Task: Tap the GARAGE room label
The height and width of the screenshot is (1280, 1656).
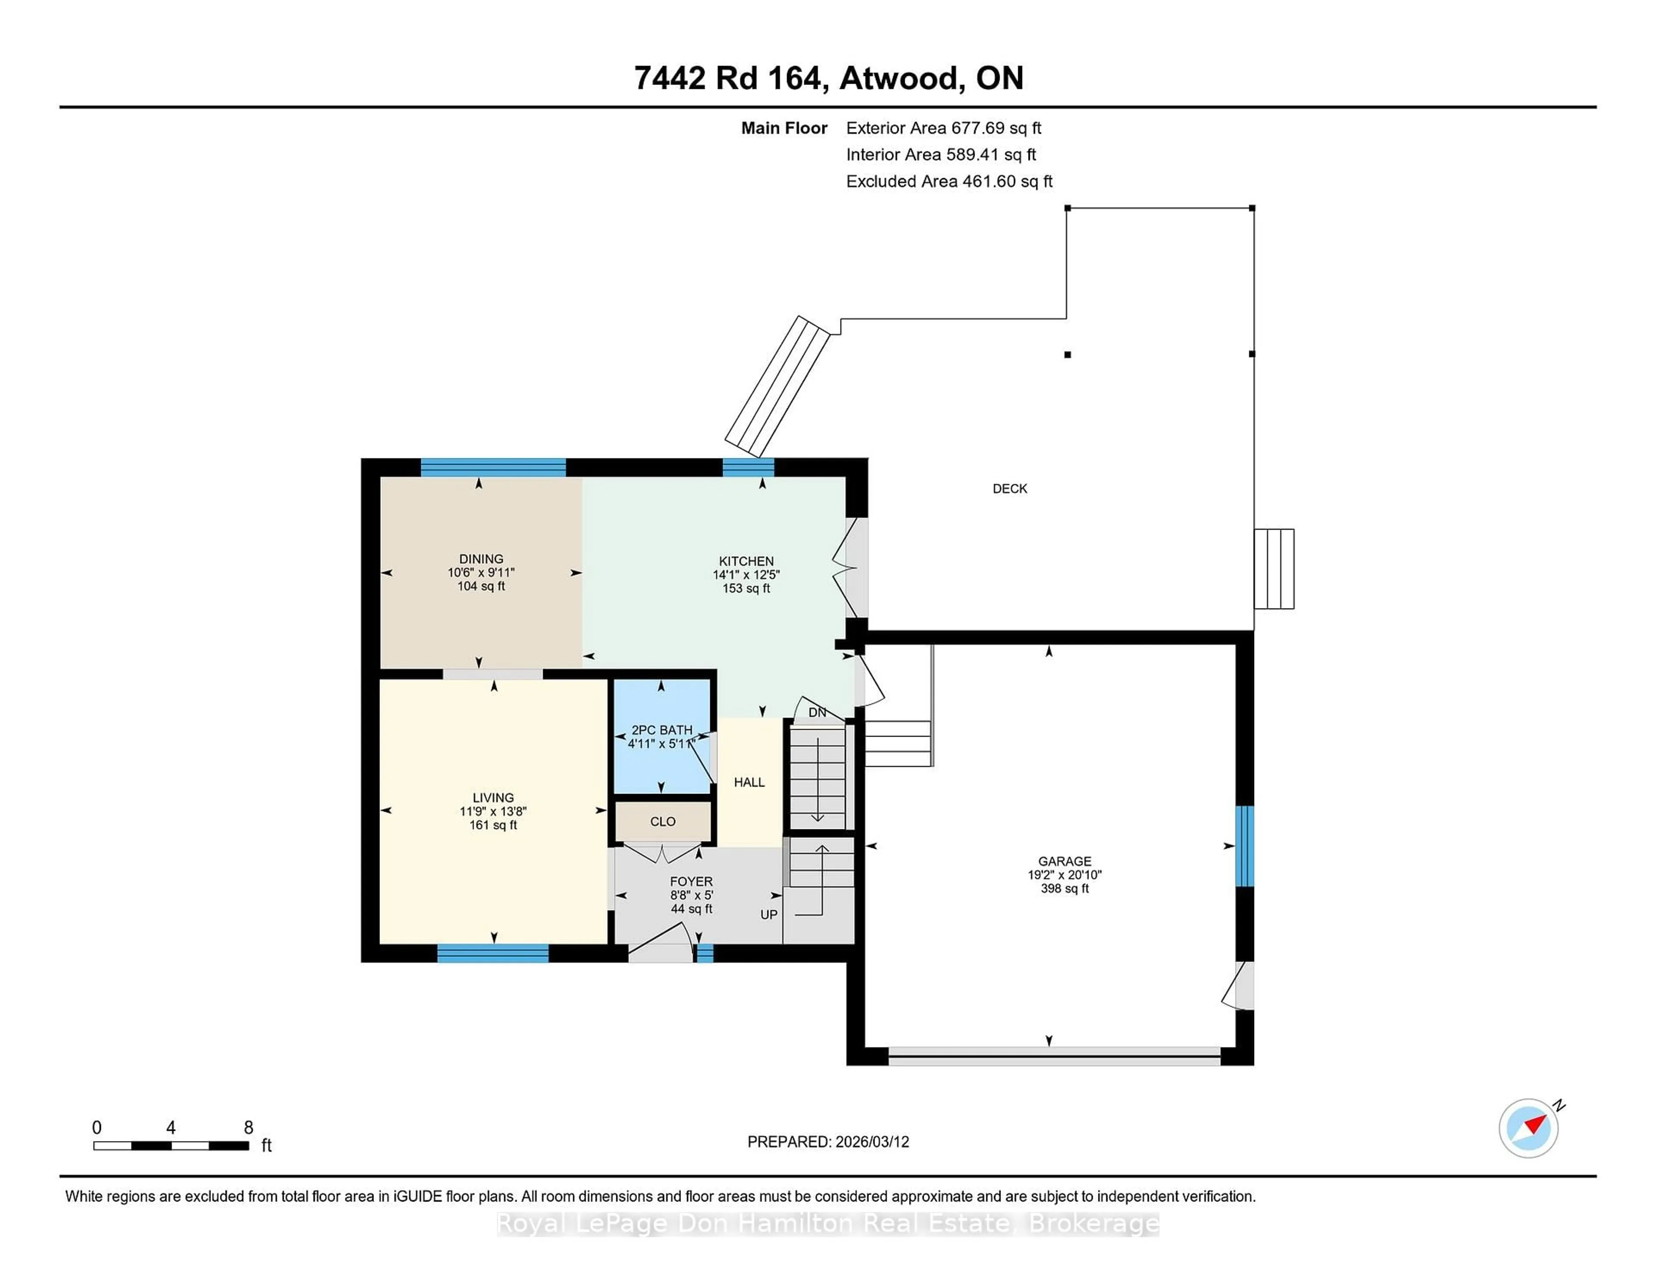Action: (x=1065, y=861)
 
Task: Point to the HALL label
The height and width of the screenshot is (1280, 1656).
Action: (x=749, y=782)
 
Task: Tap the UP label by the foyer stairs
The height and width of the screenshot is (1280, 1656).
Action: (x=769, y=915)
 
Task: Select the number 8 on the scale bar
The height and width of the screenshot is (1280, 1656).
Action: (x=248, y=1128)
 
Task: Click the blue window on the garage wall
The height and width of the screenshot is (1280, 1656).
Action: (x=1244, y=845)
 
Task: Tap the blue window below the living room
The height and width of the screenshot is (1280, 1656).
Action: (x=493, y=953)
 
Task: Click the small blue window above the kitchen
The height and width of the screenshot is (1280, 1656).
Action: (x=748, y=467)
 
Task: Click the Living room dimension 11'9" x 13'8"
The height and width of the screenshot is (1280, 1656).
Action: (x=493, y=811)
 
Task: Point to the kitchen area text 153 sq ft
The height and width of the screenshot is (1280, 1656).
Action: (x=746, y=588)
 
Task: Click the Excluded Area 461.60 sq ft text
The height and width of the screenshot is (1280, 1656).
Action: (x=949, y=181)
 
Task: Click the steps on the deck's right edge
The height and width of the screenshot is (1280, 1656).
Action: (x=1274, y=569)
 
